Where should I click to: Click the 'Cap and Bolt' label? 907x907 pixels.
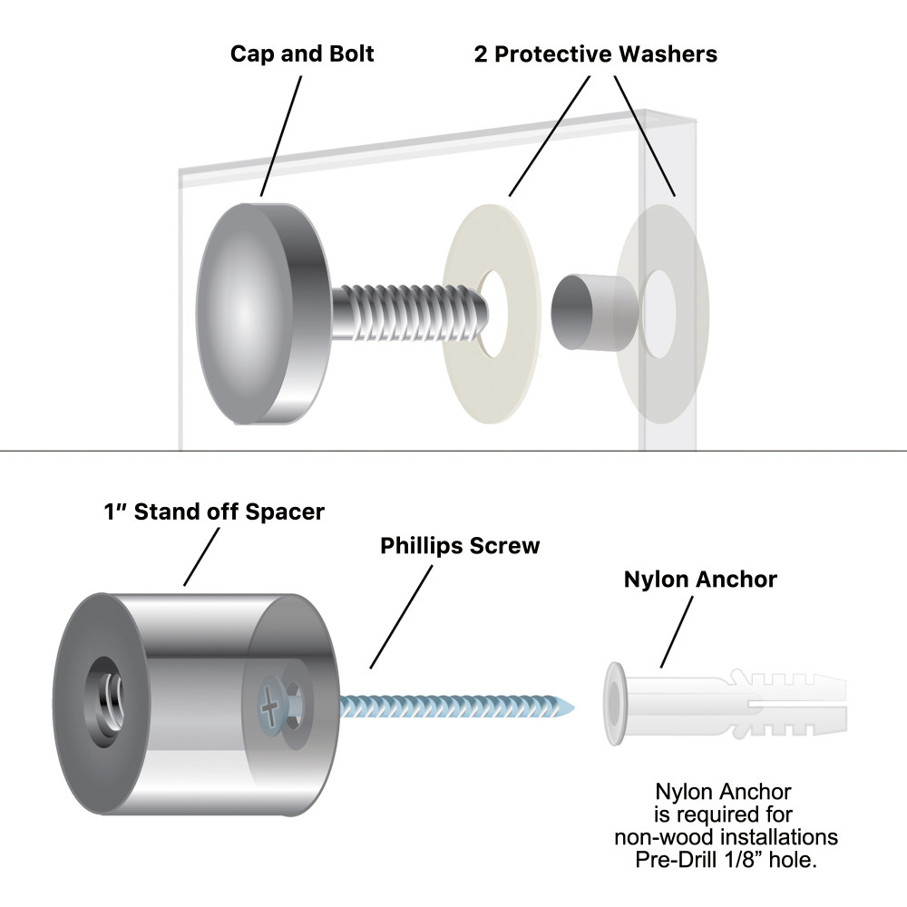(302, 54)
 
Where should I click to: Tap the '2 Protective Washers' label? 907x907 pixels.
(595, 54)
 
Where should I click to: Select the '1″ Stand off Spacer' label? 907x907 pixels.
(213, 512)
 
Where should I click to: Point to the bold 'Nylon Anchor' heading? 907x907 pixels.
(700, 580)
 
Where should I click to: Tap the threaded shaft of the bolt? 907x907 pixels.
(408, 313)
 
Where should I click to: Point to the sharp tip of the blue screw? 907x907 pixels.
(571, 705)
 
